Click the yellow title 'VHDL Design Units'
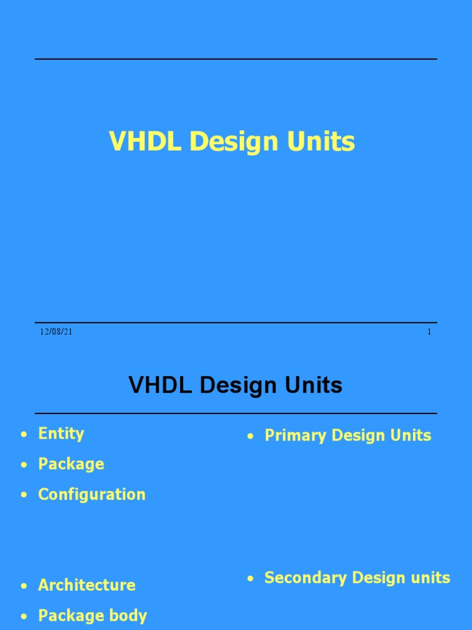click(232, 142)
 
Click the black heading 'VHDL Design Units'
click(235, 386)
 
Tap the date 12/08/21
click(57, 332)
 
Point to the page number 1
click(429, 332)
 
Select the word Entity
click(61, 434)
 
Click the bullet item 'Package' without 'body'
click(71, 465)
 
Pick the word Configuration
click(92, 495)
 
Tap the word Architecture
click(87, 585)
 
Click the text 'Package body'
click(92, 615)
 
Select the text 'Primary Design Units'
click(347, 436)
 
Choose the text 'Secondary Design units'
click(357, 578)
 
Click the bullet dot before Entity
click(24, 435)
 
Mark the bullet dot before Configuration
click(24, 495)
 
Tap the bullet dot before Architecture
click(24, 586)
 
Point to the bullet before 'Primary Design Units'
click(250, 437)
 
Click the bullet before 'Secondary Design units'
click(250, 579)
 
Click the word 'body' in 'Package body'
click(128, 615)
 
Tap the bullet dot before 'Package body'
click(24, 616)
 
